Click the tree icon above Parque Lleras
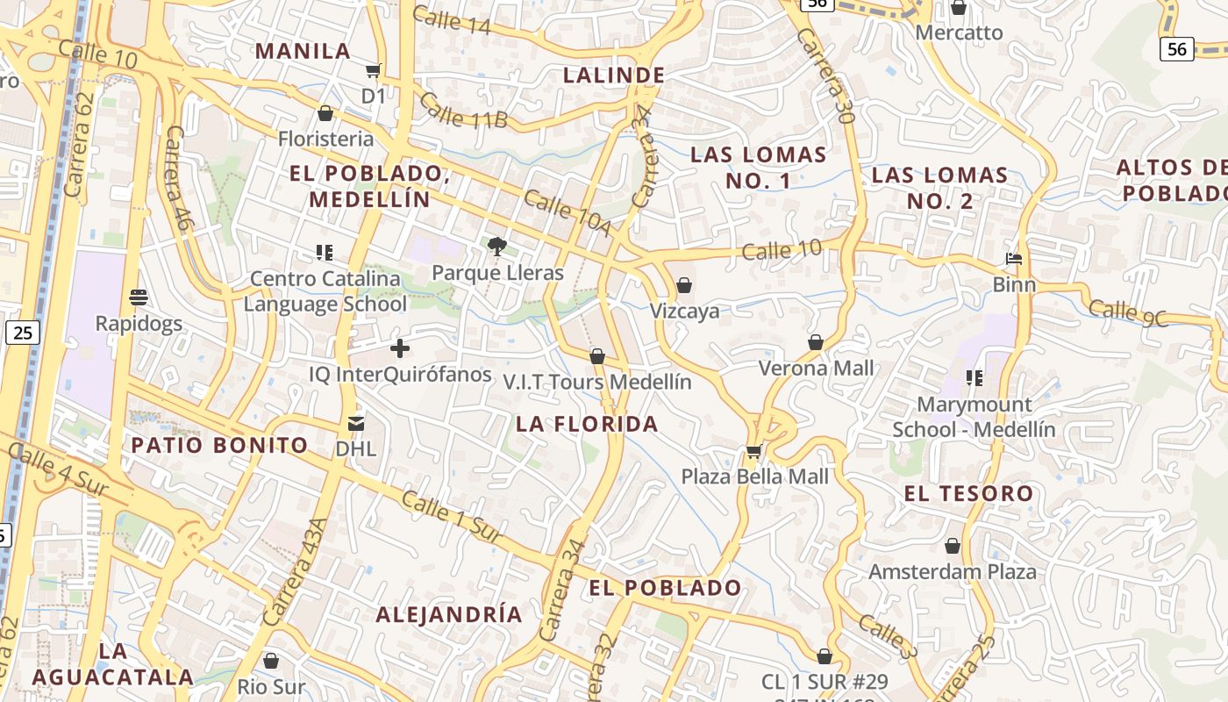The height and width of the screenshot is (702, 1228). [497, 247]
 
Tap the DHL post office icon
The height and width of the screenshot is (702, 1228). [356, 424]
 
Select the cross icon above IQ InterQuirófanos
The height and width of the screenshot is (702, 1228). [400, 348]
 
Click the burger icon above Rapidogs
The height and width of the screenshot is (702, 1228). [139, 297]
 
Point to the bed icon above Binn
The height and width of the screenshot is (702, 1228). [1014, 259]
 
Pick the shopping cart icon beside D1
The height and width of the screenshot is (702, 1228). [374, 70]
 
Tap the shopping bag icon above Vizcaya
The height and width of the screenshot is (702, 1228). [684, 285]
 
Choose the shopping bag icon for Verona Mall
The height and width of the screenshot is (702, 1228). [816, 342]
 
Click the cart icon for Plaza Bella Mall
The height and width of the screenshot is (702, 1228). [753, 452]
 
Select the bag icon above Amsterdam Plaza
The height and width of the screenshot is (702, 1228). [953, 547]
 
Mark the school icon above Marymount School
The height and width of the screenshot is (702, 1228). [974, 378]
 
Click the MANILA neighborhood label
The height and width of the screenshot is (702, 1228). [303, 51]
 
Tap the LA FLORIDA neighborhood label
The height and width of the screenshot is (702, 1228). [587, 425]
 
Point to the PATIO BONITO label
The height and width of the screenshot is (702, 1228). [219, 445]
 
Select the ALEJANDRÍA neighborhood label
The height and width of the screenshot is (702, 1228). [449, 614]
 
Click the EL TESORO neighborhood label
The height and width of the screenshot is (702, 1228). [968, 494]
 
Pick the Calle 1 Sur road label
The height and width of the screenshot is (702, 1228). [453, 517]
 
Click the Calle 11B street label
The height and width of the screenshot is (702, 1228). [463, 110]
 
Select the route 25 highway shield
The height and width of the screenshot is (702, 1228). [23, 333]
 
